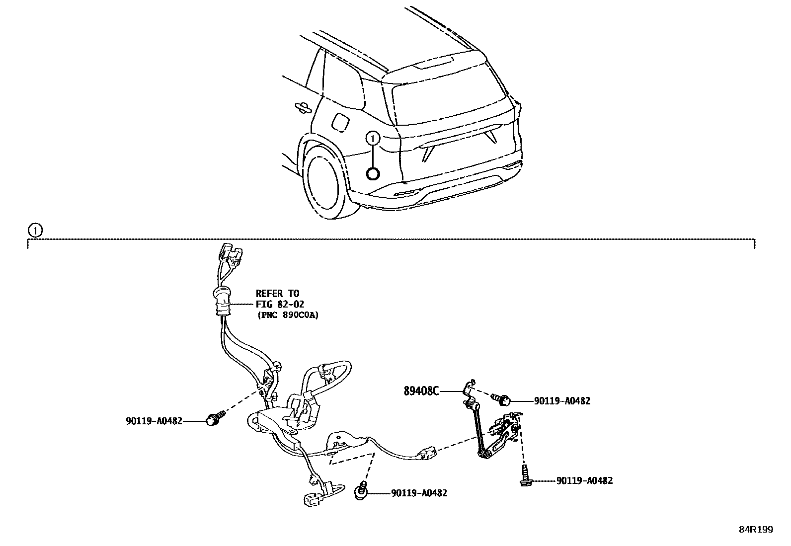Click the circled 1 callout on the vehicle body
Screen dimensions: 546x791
click(x=373, y=138)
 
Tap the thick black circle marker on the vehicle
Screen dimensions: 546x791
click(x=373, y=173)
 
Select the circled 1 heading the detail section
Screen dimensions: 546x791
click(x=35, y=231)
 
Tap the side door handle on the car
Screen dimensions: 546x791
click(x=301, y=106)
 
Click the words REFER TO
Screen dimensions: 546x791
click(x=277, y=294)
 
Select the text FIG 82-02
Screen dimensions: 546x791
click(x=280, y=304)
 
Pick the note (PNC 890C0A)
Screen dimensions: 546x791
click(x=288, y=314)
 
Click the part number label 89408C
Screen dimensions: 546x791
click(x=421, y=391)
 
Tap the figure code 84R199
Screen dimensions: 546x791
click(x=756, y=530)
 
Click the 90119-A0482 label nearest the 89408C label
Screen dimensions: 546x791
click(x=562, y=401)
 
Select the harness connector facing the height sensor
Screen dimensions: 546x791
click(x=427, y=453)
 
